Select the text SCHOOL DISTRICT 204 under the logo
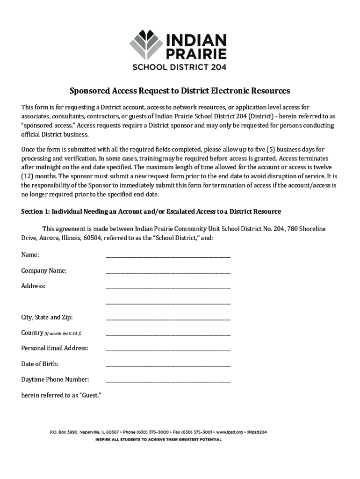(x=180, y=67)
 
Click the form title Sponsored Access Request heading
(x=180, y=90)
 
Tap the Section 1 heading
(x=151, y=211)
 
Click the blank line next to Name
(x=168, y=255)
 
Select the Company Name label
(x=43, y=270)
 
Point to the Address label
(x=33, y=286)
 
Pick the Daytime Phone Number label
(x=55, y=379)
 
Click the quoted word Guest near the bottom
(x=91, y=395)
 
